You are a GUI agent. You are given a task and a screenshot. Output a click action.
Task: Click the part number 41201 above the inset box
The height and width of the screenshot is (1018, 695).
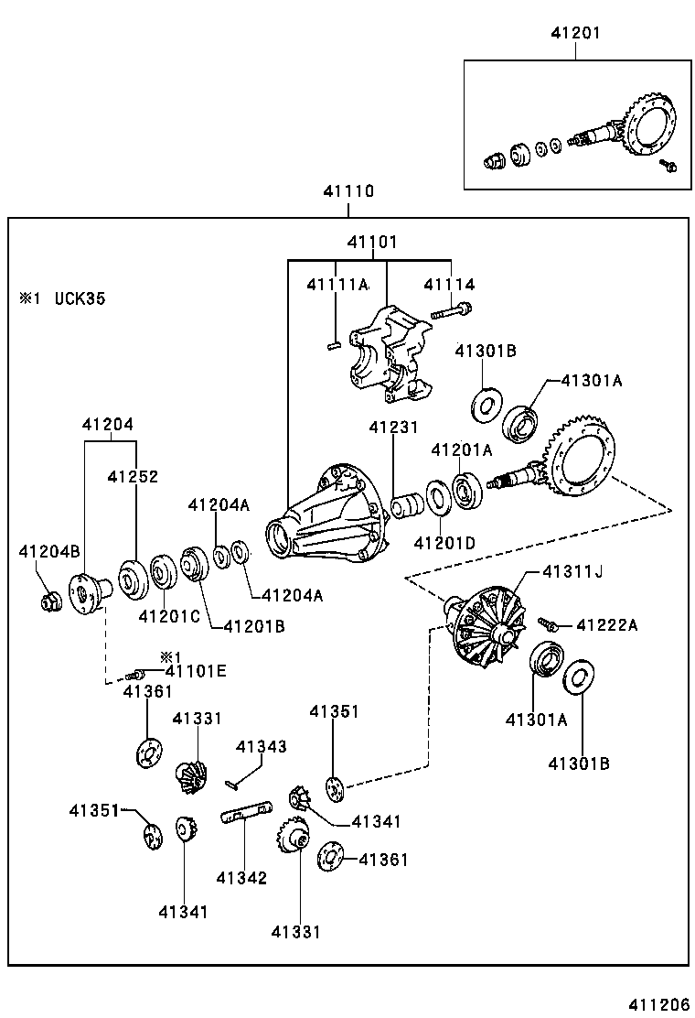pos(576,34)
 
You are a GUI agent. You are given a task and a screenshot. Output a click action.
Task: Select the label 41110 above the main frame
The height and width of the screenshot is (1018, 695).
pos(347,192)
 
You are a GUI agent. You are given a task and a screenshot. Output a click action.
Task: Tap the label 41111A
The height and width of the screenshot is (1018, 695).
pos(337,286)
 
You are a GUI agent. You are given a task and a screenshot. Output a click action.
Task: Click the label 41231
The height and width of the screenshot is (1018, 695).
pos(394,428)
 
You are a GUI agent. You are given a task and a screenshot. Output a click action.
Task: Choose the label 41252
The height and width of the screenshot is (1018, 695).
pos(133,477)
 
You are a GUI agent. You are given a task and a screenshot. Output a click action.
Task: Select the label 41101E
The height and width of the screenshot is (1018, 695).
pos(196,671)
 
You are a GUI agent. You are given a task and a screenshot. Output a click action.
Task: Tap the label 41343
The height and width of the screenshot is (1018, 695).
pos(262,747)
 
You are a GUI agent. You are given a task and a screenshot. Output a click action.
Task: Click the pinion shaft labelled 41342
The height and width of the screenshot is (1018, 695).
pos(246,812)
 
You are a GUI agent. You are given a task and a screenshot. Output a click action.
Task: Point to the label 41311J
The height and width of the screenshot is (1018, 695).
pos(572,572)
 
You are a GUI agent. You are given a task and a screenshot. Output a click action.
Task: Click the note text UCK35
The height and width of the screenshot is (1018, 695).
pos(79,298)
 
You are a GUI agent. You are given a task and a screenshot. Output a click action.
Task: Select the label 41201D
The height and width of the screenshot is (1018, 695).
pos(444,543)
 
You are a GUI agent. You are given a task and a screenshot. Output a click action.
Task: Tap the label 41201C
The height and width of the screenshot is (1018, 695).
pos(169,615)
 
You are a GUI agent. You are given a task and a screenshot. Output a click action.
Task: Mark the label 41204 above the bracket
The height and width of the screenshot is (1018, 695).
pos(107,425)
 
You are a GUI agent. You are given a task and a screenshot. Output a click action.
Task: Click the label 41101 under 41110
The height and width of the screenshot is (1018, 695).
pos(372,243)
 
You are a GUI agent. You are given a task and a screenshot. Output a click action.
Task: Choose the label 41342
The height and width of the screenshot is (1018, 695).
pos(241,878)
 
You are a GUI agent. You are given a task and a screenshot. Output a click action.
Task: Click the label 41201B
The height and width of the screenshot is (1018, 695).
pos(255,626)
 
